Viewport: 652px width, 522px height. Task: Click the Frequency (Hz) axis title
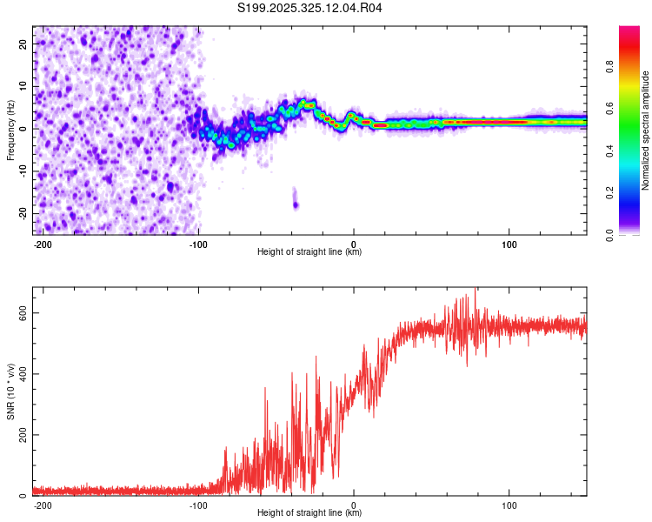click(x=10, y=130)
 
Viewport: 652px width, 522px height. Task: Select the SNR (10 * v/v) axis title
click(x=10, y=391)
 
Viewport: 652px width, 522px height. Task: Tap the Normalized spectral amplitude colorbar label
click(x=646, y=130)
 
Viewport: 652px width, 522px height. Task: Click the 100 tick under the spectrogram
click(x=509, y=244)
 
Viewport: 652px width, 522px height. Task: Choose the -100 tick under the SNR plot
click(x=198, y=505)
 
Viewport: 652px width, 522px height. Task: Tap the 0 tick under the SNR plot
click(x=354, y=505)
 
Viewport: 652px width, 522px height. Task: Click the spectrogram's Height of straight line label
click(x=309, y=252)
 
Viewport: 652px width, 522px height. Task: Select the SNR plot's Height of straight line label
click(x=309, y=513)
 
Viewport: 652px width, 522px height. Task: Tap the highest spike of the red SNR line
click(x=475, y=291)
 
